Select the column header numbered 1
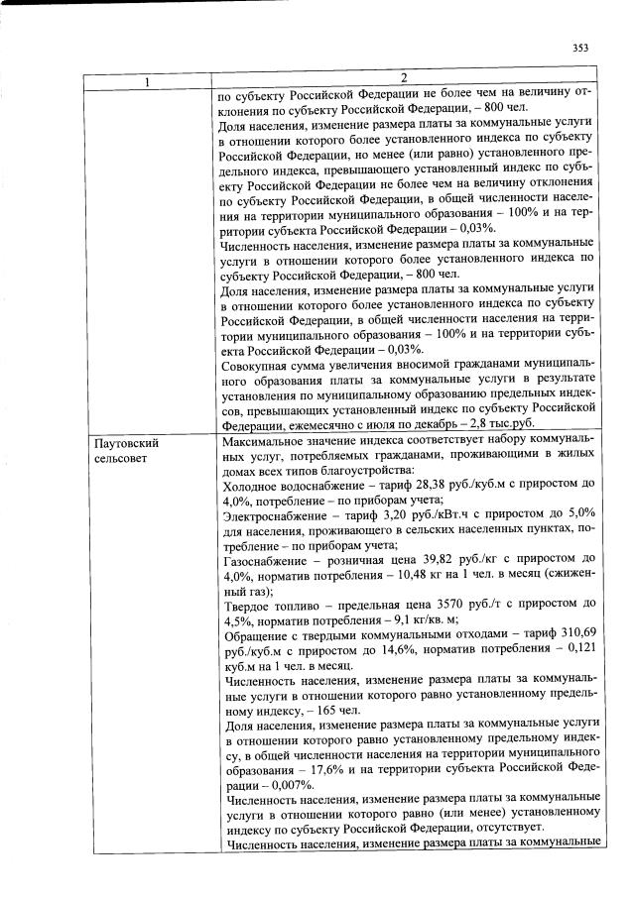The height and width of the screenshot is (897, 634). pyautogui.click(x=148, y=80)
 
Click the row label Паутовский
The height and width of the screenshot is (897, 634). pyautogui.click(x=127, y=443)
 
